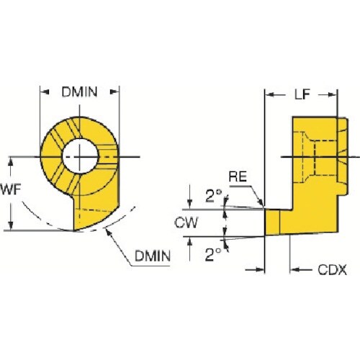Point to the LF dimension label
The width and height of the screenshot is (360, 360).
[x=303, y=94]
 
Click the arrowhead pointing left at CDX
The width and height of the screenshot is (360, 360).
[x=294, y=270]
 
